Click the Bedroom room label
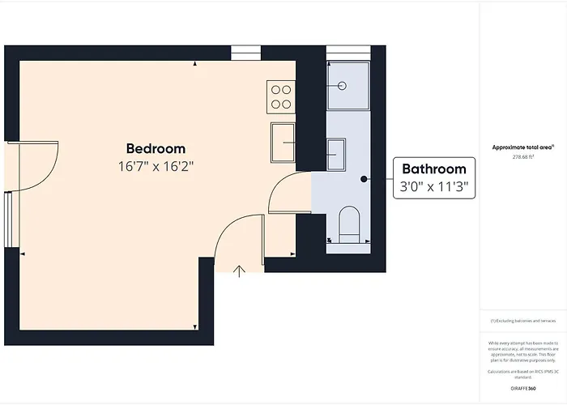(156, 149)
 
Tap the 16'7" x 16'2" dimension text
(156, 166)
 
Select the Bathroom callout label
(435, 169)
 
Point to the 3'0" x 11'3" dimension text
(435, 186)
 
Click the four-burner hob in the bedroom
(281, 97)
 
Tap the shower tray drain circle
(342, 85)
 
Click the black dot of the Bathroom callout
(364, 178)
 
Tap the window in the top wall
(244, 53)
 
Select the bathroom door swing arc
(283, 193)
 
